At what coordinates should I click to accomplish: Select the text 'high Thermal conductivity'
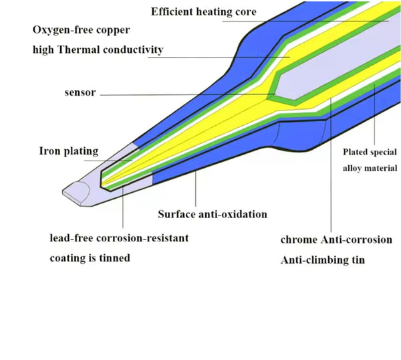[x=98, y=50]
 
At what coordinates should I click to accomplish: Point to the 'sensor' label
[x=81, y=94]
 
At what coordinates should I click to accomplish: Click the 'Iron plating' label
[x=68, y=151]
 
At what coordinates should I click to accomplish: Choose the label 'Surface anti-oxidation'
[x=213, y=215]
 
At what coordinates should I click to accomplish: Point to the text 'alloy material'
[x=370, y=168]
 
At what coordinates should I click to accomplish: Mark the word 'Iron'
[x=51, y=151]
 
